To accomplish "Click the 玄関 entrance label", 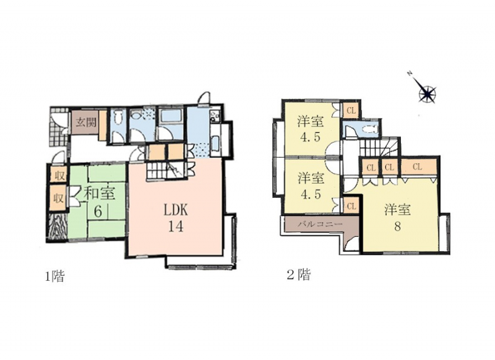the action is point(86,122).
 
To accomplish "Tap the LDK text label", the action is point(176,210).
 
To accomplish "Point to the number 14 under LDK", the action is point(176,226).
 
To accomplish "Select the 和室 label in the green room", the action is point(99,193).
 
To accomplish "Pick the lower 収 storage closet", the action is point(58,198).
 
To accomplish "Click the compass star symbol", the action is point(427,93).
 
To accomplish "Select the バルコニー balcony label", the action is point(320,225).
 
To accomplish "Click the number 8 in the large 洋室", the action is point(397,226).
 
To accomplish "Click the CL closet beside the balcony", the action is point(351,207).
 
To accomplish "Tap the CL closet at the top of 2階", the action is point(351,111).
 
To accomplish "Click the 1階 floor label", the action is point(55,276).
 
